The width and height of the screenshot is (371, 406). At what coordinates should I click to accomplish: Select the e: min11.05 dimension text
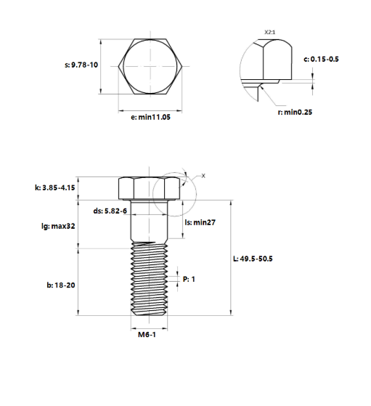tap(150, 118)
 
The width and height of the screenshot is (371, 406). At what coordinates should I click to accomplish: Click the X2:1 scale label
tap(269, 32)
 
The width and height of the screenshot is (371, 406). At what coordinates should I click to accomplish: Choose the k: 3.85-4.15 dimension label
tap(54, 187)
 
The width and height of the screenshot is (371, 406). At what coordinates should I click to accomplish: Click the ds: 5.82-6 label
tap(110, 211)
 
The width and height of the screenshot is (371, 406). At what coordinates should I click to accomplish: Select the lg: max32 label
tap(59, 226)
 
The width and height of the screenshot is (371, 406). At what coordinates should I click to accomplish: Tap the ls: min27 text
tap(200, 222)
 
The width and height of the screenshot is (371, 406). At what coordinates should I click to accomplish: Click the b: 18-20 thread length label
tap(61, 285)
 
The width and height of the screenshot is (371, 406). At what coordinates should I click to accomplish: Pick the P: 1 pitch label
tap(189, 278)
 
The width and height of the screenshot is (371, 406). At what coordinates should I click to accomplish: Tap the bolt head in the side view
tap(149, 188)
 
